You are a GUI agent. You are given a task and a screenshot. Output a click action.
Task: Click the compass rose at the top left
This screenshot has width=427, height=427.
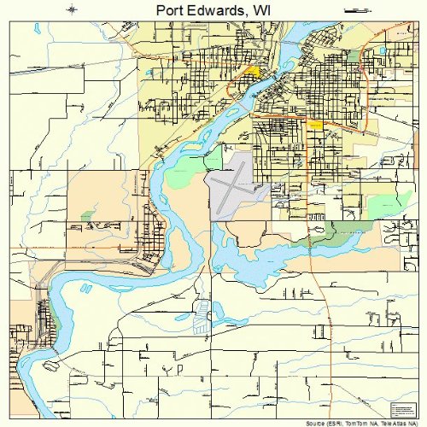click(72, 10)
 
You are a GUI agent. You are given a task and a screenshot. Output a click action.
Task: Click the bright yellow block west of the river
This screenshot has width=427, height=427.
click(253, 72)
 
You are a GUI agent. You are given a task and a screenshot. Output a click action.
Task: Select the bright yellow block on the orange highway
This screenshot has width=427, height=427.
click(314, 125)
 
